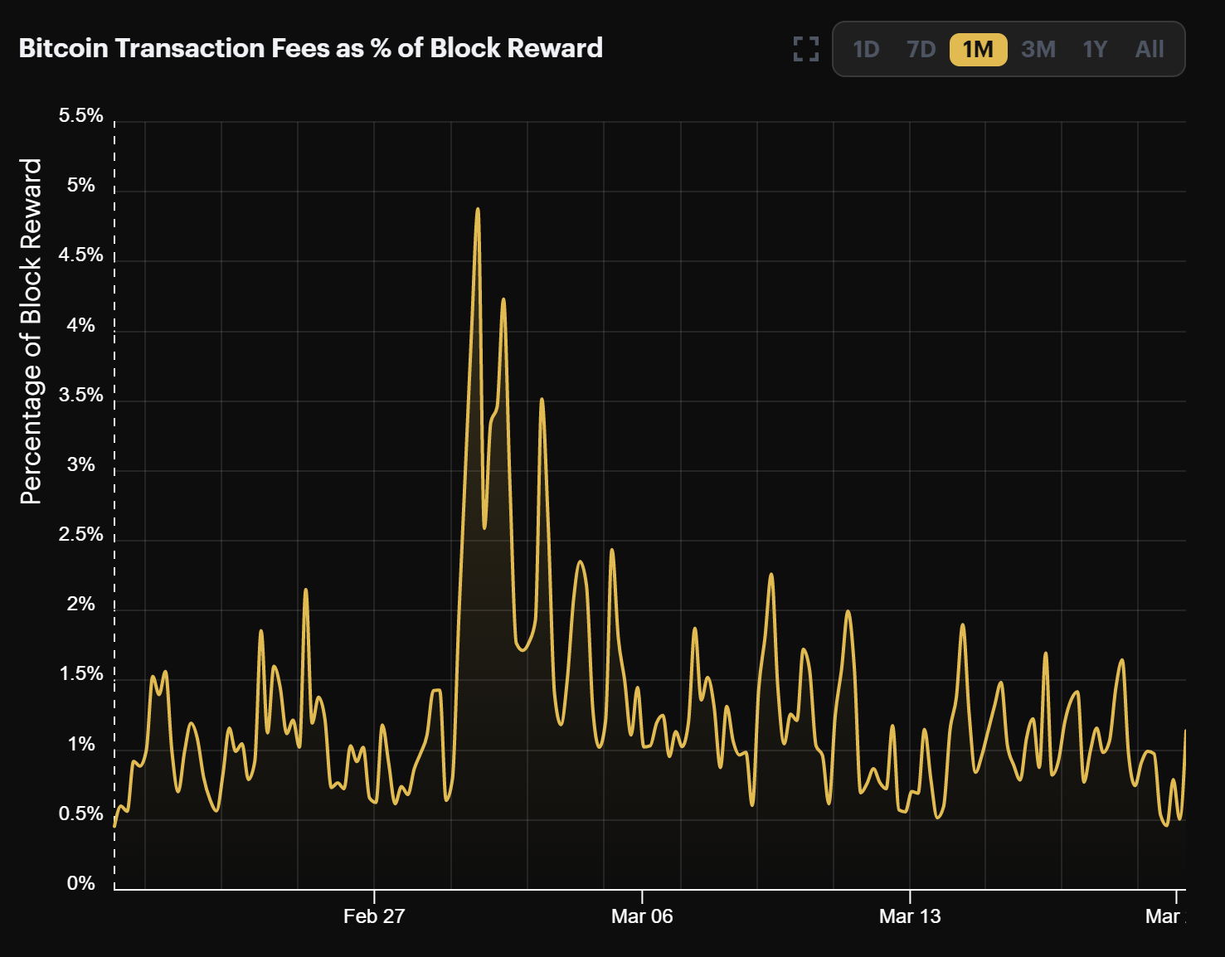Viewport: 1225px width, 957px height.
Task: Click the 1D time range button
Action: (x=866, y=50)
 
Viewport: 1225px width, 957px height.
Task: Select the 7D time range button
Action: (x=921, y=50)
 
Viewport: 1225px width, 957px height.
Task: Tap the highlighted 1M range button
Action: (x=978, y=50)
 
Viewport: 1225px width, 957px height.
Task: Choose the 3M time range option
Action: (x=1038, y=50)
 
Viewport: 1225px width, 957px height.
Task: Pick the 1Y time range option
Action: (x=1095, y=50)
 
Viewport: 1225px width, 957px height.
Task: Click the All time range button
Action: (x=1150, y=50)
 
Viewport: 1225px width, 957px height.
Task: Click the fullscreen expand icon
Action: (x=805, y=49)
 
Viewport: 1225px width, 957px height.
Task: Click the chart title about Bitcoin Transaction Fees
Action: (x=310, y=48)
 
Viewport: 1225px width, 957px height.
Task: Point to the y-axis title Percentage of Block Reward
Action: (x=31, y=332)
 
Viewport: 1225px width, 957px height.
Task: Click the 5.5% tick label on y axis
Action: (x=80, y=115)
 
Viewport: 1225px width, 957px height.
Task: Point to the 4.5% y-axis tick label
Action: (x=80, y=255)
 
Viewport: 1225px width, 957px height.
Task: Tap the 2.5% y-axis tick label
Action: (x=80, y=534)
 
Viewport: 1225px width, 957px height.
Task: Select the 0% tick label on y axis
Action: (x=80, y=883)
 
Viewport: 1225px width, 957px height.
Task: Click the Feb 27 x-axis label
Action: (x=374, y=916)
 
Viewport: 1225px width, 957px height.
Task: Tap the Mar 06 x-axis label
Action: (x=642, y=916)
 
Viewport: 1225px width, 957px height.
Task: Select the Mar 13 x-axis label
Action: (x=910, y=916)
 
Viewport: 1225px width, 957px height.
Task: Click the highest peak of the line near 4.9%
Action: (x=478, y=209)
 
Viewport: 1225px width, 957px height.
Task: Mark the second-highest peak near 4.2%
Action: (x=503, y=299)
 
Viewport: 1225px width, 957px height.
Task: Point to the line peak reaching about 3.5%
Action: (x=542, y=400)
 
